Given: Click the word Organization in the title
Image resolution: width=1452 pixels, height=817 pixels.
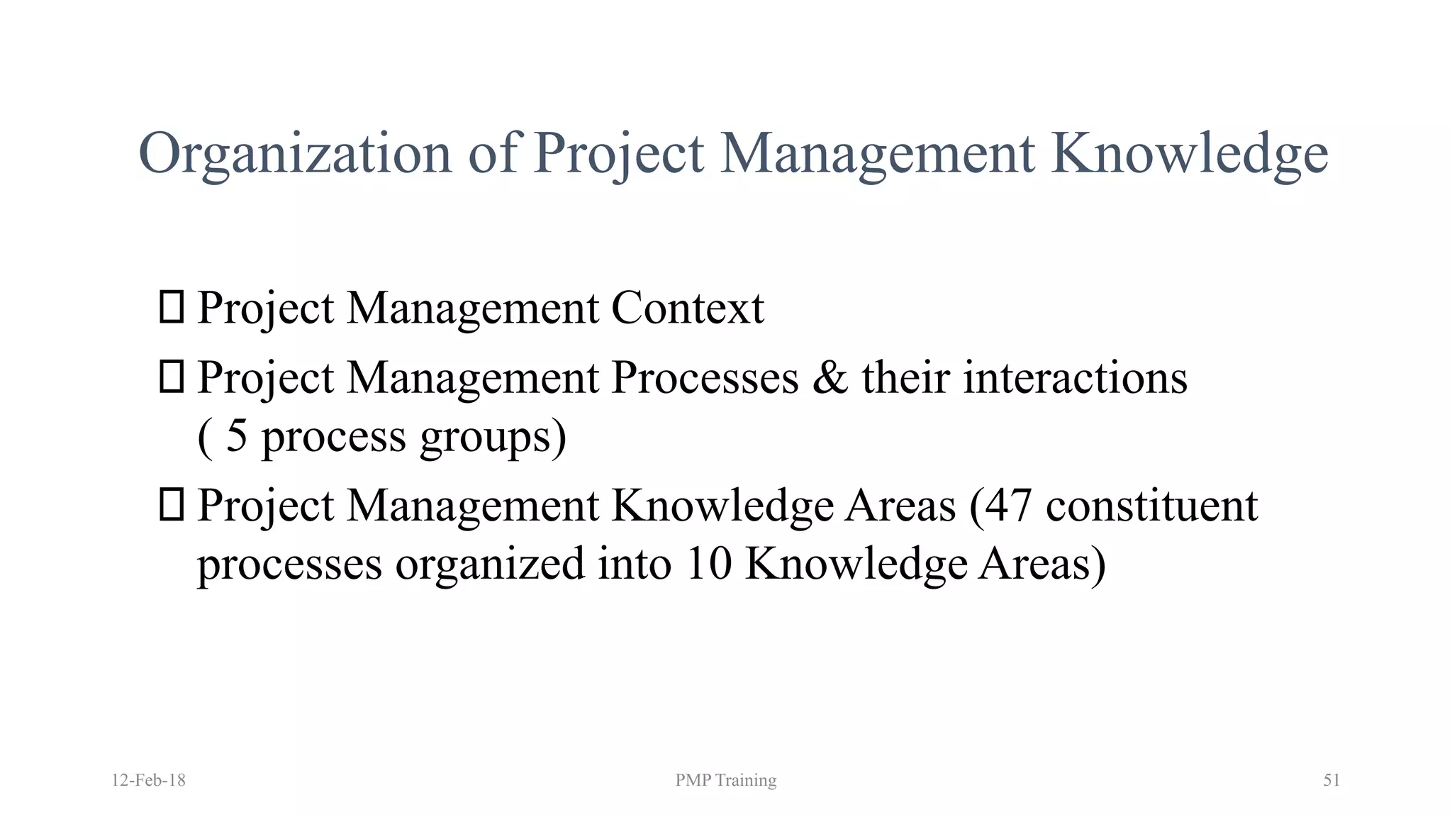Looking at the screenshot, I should point(294,154).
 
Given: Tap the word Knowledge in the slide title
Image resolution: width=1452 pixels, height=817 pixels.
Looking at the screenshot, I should point(1189,154).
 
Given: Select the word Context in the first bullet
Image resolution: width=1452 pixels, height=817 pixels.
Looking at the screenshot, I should point(687,309).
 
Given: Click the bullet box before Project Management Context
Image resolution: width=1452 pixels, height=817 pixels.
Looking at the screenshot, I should point(172,307).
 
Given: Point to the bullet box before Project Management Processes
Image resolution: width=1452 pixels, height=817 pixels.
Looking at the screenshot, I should point(172,377).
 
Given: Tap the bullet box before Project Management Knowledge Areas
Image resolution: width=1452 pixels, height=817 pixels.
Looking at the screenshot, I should point(172,505).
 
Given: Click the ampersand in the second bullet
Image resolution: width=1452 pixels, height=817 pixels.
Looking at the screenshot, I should point(830,377).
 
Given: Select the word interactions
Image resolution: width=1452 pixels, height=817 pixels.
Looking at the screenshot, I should point(1075,377).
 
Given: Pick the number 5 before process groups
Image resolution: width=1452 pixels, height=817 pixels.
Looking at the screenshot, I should point(237,435).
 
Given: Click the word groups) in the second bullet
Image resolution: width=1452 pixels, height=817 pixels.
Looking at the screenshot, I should point(493,437).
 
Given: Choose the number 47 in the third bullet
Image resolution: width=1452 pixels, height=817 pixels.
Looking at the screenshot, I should point(1007,506).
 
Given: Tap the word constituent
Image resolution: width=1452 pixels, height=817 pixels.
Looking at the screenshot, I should point(1151,506).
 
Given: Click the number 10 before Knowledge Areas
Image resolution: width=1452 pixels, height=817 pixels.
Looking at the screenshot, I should point(708,565).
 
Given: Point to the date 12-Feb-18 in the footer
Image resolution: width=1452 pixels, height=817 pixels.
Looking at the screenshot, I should point(148,780).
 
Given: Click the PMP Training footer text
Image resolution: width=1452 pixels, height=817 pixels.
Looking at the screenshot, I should point(725,780).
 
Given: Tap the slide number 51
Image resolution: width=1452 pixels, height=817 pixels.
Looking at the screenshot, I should point(1331,780).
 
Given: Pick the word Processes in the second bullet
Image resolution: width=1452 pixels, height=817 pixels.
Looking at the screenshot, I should point(705,377).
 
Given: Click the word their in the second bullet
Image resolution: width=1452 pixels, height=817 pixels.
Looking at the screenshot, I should point(905,377).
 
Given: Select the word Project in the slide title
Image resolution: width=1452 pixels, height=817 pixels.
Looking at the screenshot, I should point(618,154).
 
